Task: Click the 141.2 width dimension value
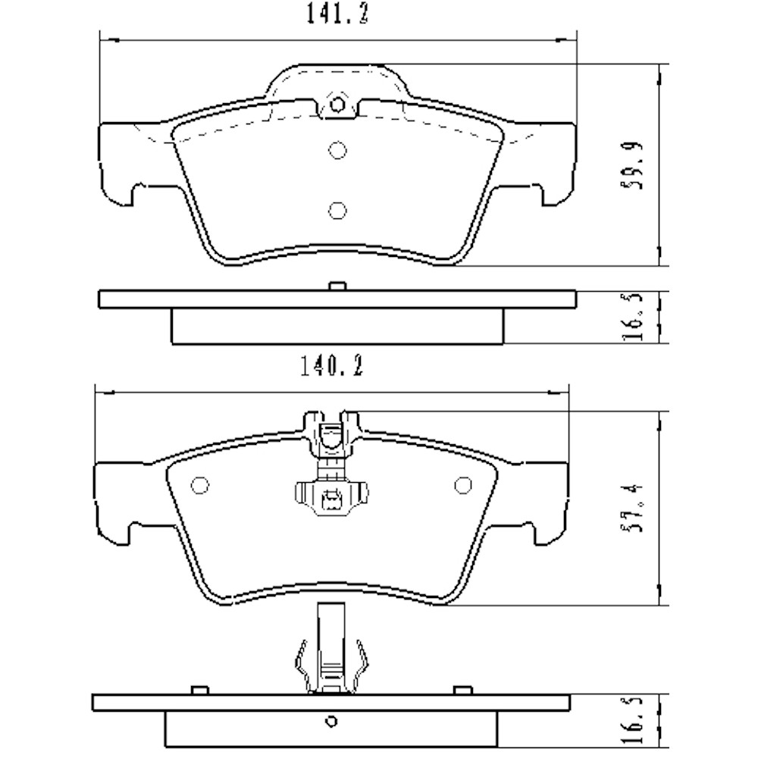(339, 14)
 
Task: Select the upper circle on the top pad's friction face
(337, 150)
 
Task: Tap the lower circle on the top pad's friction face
(337, 209)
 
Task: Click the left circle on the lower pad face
(201, 485)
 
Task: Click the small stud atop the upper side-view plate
(337, 287)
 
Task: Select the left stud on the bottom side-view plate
(200, 689)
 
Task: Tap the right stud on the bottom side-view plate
(461, 689)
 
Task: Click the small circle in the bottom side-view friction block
(329, 720)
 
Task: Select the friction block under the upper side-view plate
(337, 327)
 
